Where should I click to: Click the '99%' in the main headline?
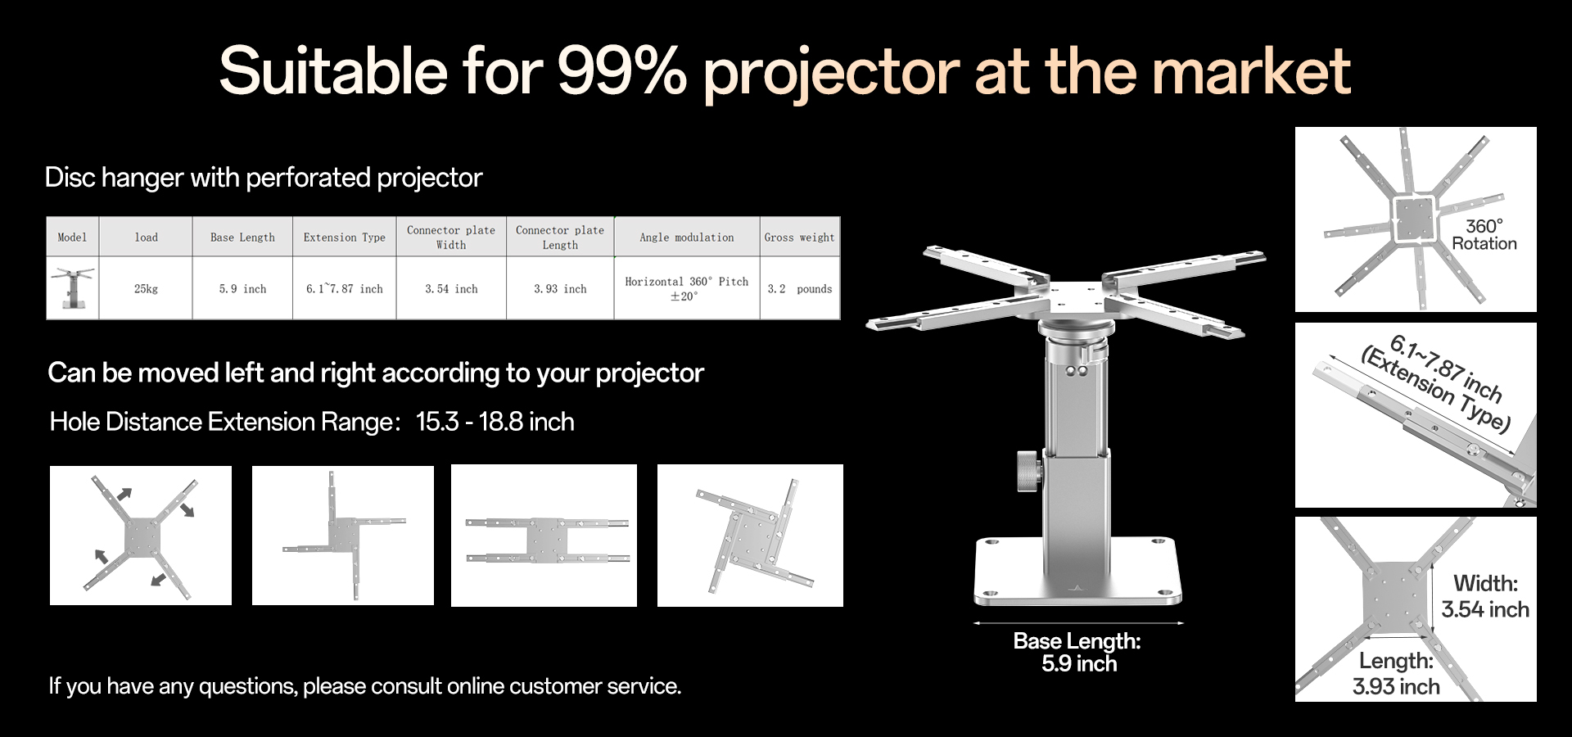pyautogui.click(x=621, y=72)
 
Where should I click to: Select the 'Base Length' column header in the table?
pyautogui.click(x=242, y=237)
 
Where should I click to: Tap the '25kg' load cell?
pyautogui.click(x=146, y=289)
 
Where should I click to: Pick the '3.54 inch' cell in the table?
pyautogui.click(x=451, y=289)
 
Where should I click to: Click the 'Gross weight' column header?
pyautogui.click(x=799, y=237)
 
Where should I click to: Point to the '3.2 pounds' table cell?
pyautogui.click(x=799, y=289)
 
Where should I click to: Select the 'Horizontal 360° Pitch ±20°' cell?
pyautogui.click(x=686, y=288)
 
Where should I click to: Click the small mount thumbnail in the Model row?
pyautogui.click(x=73, y=288)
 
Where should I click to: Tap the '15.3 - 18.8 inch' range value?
pyautogui.click(x=495, y=422)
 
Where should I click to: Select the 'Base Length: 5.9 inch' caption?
pyautogui.click(x=1077, y=652)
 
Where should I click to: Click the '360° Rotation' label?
pyautogui.click(x=1484, y=235)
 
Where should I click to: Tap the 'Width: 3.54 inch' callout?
pyautogui.click(x=1484, y=596)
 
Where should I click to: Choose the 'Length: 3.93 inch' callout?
pyautogui.click(x=1396, y=673)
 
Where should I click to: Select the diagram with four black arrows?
pyautogui.click(x=141, y=536)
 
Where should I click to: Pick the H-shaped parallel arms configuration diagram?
pyautogui.click(x=544, y=536)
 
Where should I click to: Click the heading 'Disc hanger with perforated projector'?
pyautogui.click(x=264, y=178)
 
